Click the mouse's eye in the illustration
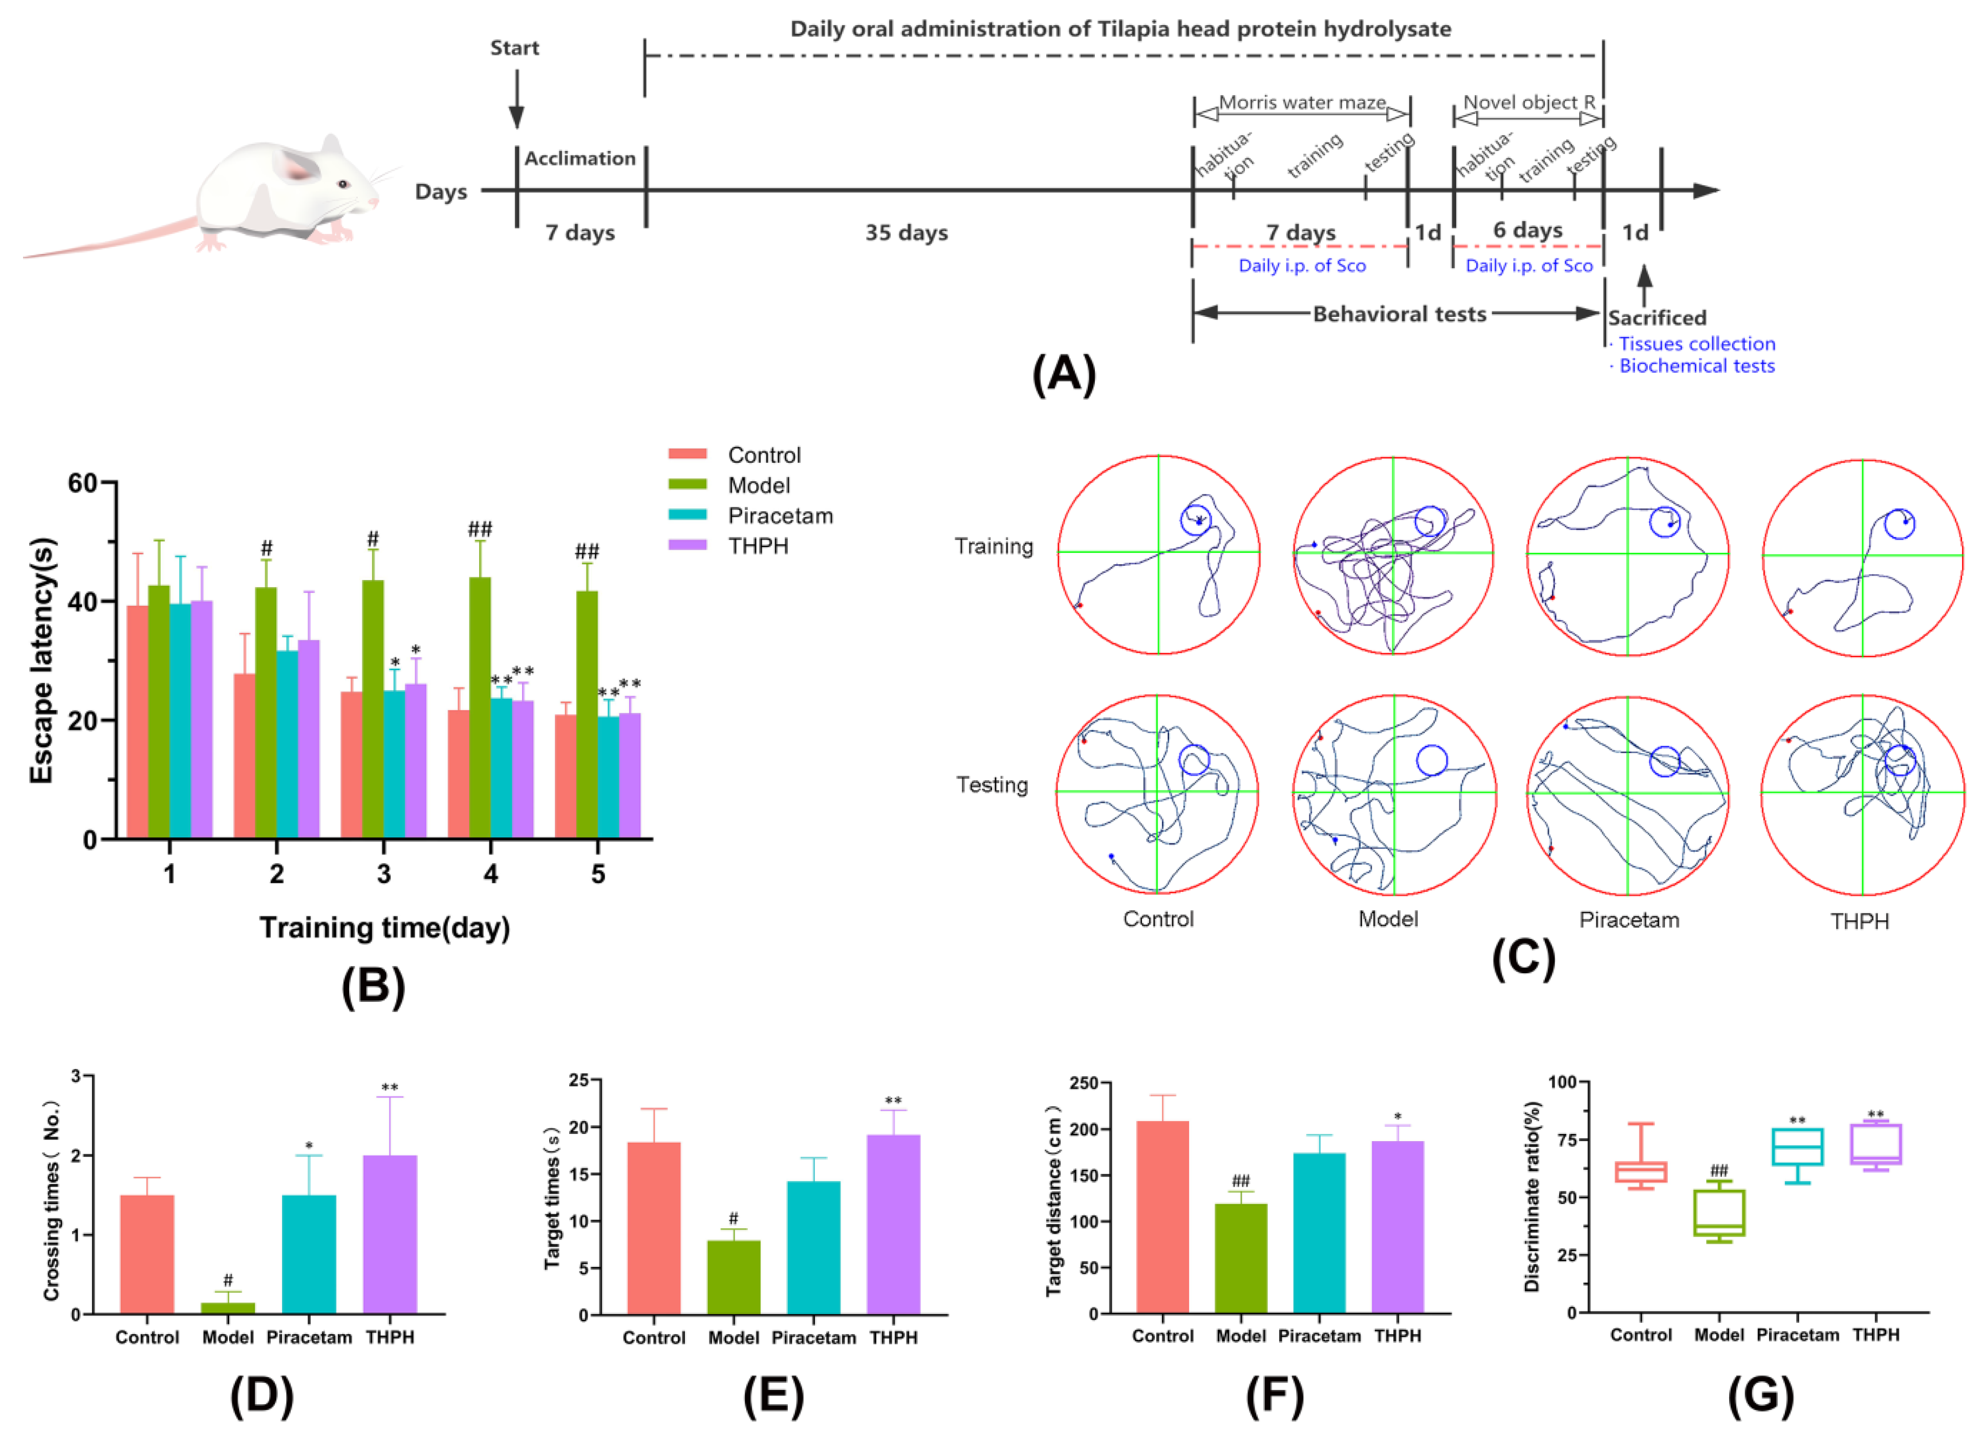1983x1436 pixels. [343, 184]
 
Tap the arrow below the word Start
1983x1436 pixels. [516, 100]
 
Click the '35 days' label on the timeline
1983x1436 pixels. [907, 232]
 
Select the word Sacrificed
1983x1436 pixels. [1657, 317]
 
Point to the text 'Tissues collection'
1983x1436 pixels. [1696, 344]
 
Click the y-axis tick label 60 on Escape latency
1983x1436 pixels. [82, 483]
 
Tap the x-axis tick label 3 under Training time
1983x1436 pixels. [384, 874]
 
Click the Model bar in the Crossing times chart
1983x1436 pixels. [228, 1308]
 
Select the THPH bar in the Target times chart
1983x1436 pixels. [894, 1225]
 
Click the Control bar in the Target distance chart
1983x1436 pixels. [1162, 1216]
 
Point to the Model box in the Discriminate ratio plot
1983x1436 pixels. [1719, 1212]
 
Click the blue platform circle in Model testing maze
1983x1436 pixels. [1431, 760]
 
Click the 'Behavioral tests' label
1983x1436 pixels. [1399, 314]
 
